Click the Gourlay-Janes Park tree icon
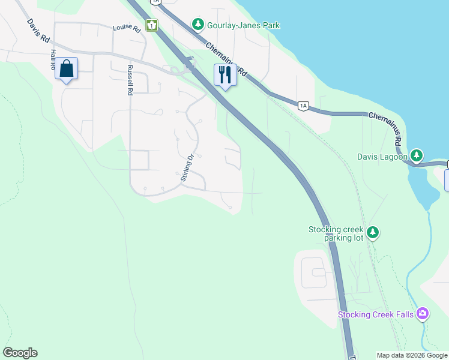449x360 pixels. tap(197, 25)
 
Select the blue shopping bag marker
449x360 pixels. tap(66, 69)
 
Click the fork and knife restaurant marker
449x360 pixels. tap(225, 75)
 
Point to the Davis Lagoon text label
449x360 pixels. tap(382, 157)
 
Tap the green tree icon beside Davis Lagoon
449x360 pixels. tap(417, 157)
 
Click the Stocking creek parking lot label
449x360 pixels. tap(336, 233)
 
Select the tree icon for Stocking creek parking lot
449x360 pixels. tap(373, 232)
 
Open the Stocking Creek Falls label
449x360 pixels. tap(376, 314)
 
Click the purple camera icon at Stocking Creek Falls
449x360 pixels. tap(423, 313)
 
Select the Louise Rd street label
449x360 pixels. tap(127, 28)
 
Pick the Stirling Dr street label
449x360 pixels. tap(187, 167)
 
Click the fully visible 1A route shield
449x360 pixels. tap(303, 106)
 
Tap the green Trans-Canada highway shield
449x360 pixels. tap(153, 25)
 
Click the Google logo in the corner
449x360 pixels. tap(20, 353)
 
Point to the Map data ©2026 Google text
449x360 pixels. tap(412, 355)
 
